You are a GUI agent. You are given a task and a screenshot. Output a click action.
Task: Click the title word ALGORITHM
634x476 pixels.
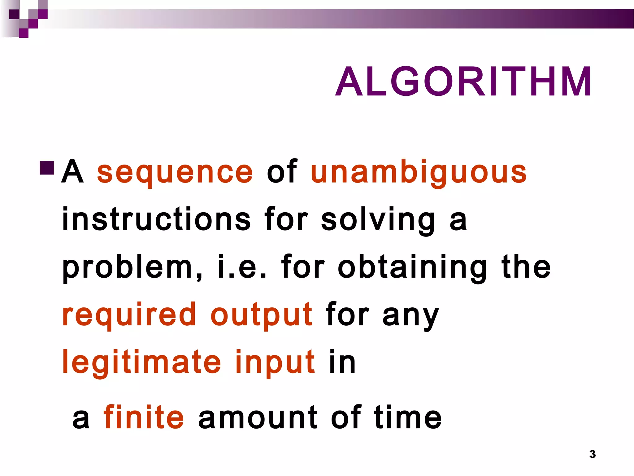point(463,82)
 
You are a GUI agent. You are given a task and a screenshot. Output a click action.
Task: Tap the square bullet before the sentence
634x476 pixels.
point(47,168)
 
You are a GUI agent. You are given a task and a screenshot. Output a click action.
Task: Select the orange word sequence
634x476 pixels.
point(175,172)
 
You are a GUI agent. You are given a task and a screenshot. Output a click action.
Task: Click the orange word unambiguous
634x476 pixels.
point(419,172)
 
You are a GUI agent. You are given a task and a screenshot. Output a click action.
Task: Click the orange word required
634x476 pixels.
point(129,315)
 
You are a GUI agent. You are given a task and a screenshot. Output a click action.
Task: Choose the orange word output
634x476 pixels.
point(262,315)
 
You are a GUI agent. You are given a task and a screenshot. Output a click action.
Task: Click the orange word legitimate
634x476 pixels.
point(142,362)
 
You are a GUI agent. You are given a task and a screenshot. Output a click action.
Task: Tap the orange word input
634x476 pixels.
point(275,363)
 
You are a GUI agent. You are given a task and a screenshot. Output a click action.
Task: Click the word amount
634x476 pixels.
point(258,417)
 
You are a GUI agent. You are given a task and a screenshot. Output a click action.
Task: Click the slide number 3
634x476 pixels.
point(592,454)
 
